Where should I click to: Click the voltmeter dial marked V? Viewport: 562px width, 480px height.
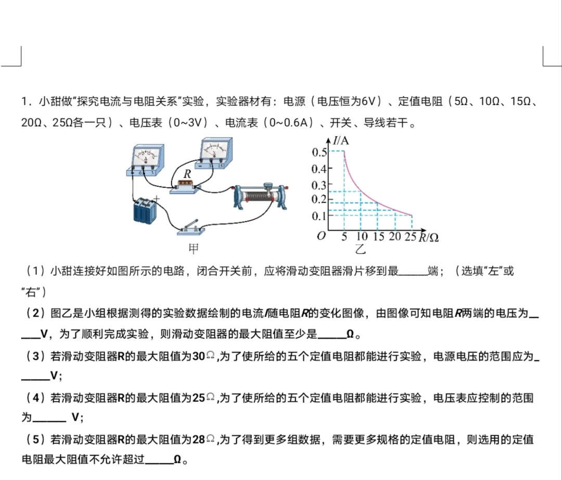tap(214, 149)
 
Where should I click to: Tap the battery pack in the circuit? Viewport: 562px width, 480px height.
tap(145, 211)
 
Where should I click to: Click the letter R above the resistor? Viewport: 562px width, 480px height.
tap(186, 174)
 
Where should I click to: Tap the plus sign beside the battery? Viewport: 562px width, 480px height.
tap(157, 198)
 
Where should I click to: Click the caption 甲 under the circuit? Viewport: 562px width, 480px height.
tap(194, 249)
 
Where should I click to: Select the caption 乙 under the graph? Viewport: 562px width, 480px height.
tap(360, 249)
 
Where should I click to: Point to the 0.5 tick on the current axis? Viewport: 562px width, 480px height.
tap(319, 152)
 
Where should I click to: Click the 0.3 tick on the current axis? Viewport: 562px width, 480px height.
tap(319, 185)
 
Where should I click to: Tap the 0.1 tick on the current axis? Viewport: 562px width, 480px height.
tap(319, 216)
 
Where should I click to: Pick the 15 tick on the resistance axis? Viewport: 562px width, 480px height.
tap(378, 237)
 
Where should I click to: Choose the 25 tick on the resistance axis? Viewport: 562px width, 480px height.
tap(412, 237)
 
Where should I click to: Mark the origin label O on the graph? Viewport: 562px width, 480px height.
tap(321, 236)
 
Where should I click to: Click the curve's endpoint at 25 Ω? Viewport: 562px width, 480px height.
tap(412, 215)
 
